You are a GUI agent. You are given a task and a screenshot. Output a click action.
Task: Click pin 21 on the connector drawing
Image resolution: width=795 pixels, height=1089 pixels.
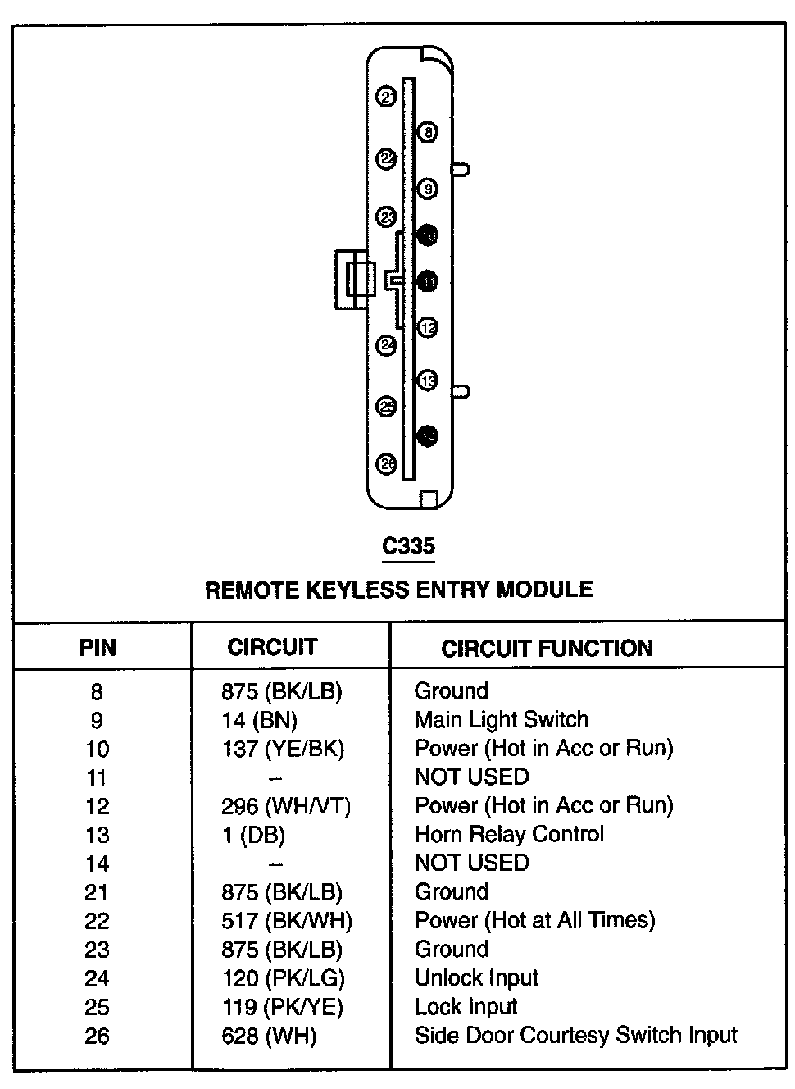(x=386, y=97)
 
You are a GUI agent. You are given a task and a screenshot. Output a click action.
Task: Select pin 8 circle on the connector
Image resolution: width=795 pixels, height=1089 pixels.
(x=427, y=131)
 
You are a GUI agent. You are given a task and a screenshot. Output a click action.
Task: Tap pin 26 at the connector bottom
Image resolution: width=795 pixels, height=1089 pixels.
(x=386, y=464)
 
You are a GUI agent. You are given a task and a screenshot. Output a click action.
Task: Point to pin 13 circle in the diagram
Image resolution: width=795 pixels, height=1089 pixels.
(x=427, y=380)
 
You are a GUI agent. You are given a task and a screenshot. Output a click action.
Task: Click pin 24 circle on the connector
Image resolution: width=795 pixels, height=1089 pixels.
(x=386, y=345)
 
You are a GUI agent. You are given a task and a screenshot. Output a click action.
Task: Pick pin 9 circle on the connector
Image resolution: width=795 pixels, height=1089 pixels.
(x=427, y=189)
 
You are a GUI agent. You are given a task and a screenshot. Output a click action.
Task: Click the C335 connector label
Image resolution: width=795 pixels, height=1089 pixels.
(x=409, y=546)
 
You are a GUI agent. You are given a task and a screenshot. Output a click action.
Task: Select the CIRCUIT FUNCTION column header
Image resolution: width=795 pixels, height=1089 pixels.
(x=547, y=649)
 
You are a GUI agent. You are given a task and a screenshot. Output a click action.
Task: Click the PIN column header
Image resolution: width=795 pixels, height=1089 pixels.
(x=98, y=648)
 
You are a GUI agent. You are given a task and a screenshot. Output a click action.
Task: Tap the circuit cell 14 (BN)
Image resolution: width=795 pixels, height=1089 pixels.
(x=259, y=720)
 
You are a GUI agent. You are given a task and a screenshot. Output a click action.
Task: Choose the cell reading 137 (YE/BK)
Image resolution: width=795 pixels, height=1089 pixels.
(x=283, y=749)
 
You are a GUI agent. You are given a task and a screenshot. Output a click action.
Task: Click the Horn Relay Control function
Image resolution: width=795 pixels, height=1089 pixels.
(x=509, y=834)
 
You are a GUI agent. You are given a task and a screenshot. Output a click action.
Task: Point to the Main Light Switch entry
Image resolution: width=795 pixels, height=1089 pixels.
(x=501, y=719)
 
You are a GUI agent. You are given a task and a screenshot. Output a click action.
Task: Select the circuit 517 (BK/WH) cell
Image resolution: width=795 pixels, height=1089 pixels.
(x=286, y=921)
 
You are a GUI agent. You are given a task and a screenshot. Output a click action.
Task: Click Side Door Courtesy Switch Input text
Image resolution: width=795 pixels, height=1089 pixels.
(x=575, y=1035)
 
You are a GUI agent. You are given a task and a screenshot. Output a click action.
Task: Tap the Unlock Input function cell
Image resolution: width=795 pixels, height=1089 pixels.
(x=476, y=977)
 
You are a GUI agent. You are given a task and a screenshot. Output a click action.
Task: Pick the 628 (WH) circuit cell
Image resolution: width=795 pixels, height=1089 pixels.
(x=269, y=1036)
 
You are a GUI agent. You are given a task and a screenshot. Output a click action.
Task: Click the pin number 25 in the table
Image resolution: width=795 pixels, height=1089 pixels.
(x=97, y=1007)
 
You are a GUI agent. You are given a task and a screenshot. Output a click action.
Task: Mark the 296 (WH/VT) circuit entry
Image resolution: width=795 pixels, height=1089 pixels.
(x=285, y=806)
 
